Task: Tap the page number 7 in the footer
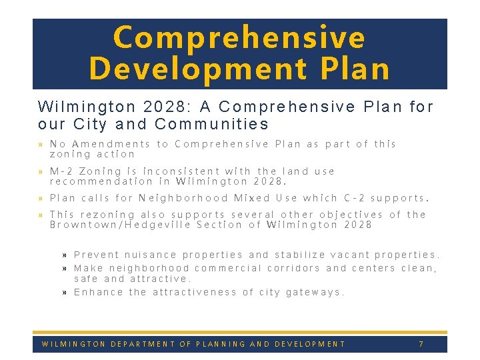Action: pyautogui.click(x=421, y=344)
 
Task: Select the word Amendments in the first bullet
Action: pyautogui.click(x=111, y=144)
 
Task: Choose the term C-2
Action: pyautogui.click(x=354, y=198)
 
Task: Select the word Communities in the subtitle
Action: pyautogui.click(x=211, y=124)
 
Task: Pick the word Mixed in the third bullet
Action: pyautogui.click(x=252, y=198)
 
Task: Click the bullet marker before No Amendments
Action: pyautogui.click(x=41, y=145)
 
